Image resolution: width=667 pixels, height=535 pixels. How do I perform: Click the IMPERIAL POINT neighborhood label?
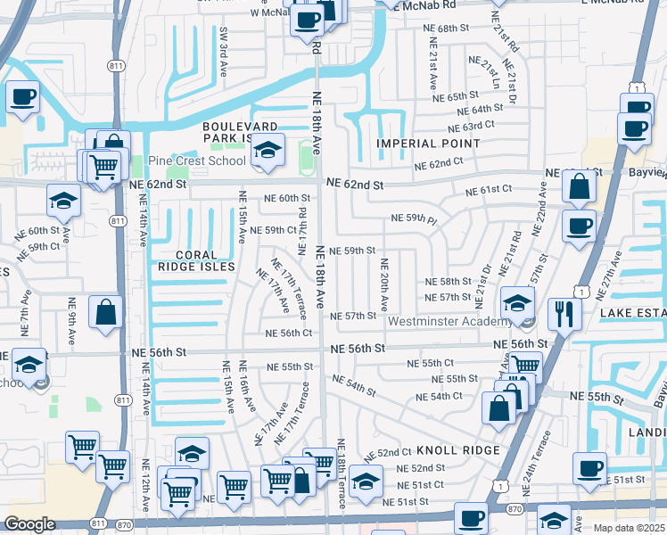(428, 144)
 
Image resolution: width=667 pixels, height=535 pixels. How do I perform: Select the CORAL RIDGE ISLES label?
(197, 260)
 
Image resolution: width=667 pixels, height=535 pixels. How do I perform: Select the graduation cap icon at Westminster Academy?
(517, 303)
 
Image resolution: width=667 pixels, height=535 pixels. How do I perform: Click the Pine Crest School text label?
(196, 161)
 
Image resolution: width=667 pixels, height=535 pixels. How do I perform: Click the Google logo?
(29, 524)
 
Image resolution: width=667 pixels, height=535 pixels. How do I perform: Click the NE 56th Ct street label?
(289, 333)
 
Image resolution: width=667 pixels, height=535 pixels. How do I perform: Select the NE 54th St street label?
(353, 385)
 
